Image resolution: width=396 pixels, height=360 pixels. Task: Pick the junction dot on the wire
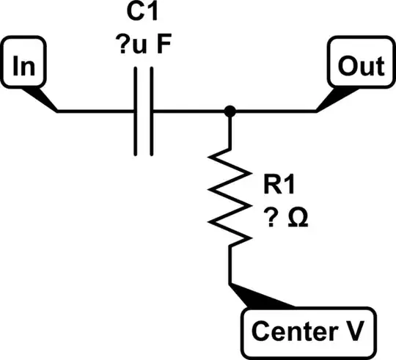coord(230,111)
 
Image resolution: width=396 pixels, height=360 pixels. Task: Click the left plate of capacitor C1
coord(136,111)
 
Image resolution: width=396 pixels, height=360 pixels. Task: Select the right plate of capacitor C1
coord(151,111)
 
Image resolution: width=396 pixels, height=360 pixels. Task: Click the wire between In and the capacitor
coord(95,111)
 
